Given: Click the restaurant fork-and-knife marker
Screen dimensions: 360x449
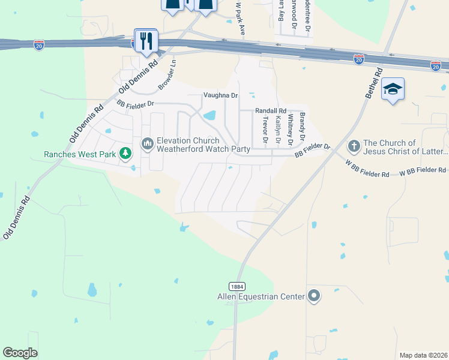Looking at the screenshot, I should (x=146, y=41).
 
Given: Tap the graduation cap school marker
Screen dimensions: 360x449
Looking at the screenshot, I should (x=393, y=89).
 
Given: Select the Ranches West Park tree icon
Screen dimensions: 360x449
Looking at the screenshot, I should (x=125, y=154).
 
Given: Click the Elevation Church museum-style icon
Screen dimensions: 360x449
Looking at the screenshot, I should (x=147, y=143).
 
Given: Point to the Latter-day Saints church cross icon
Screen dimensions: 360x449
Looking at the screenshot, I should (x=354, y=146).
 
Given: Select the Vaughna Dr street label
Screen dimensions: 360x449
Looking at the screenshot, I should (x=221, y=95).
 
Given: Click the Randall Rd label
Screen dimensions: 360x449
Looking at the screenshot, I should (x=271, y=111).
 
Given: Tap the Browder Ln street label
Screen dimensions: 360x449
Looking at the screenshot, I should (x=167, y=75).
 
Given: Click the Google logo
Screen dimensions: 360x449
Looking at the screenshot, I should (x=20, y=353).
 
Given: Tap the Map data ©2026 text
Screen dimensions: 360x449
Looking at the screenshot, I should (x=423, y=355).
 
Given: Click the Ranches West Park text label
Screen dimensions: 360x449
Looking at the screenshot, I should (x=80, y=154).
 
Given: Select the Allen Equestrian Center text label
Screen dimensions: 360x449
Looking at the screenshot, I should (x=262, y=296).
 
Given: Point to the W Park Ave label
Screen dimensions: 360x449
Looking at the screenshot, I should (x=240, y=19).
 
